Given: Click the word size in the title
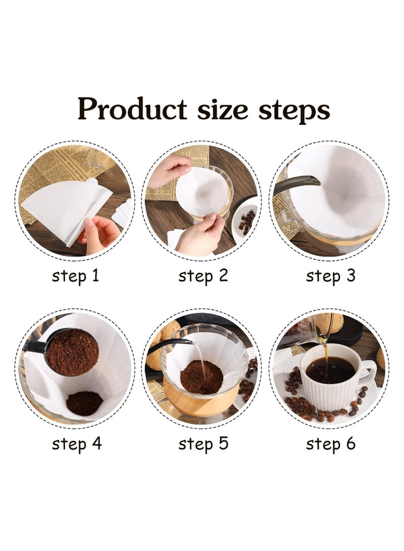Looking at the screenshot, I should point(222,109).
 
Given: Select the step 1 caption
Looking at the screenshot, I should point(76,276).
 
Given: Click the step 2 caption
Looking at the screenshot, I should point(203,276).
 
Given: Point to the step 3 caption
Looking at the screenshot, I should point(331,276).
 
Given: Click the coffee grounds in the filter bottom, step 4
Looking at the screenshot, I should point(84,403).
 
